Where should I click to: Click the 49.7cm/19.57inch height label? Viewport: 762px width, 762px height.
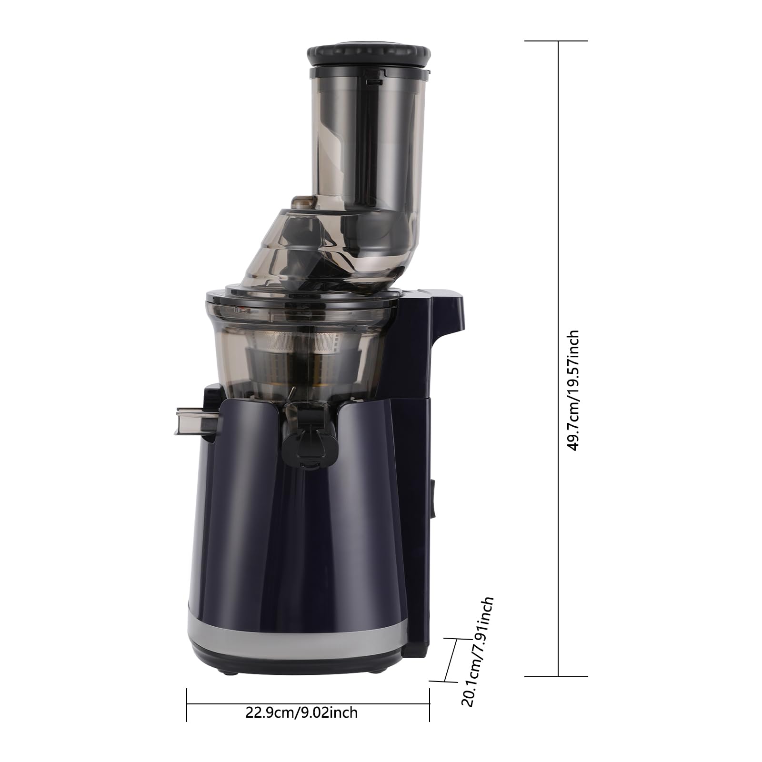(572, 391)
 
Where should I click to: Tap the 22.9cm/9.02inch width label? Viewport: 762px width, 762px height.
(301, 712)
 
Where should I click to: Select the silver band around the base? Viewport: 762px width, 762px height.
(295, 638)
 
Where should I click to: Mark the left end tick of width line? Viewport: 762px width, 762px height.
(187, 704)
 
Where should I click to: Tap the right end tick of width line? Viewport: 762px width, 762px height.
(430, 704)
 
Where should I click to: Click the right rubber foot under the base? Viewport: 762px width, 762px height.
(376, 672)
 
